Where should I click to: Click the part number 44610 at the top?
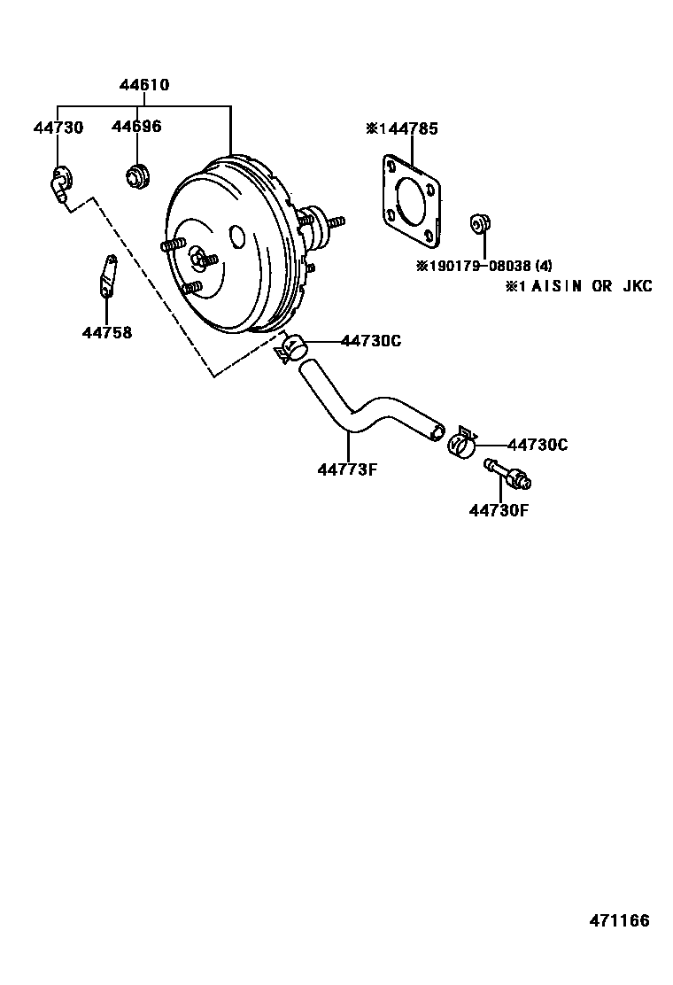click(x=144, y=85)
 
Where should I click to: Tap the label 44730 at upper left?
click(x=58, y=128)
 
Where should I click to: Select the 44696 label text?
click(x=136, y=127)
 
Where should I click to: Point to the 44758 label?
click(x=106, y=333)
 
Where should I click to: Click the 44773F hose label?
click(x=347, y=469)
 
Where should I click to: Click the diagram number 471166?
click(x=619, y=920)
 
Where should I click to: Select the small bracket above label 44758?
click(x=106, y=275)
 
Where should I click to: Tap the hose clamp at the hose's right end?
click(x=461, y=442)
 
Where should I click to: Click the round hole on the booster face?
click(x=237, y=237)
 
